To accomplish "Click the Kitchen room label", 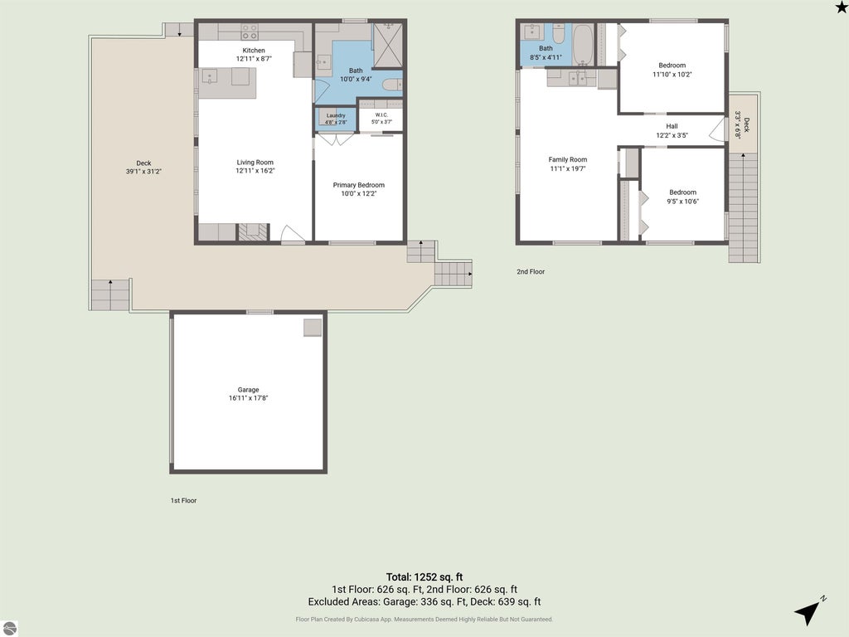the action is coord(254,51).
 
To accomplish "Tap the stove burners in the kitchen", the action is coord(250,32).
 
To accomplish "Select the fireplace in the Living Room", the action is coord(254,232).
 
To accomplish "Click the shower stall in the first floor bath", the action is coord(388,45).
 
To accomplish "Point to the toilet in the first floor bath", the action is coord(392,85).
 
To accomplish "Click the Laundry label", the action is coord(336,115).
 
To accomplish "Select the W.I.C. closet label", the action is coord(381,114).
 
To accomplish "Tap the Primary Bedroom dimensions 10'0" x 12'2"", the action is coord(358,193).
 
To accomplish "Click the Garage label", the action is coord(248,390).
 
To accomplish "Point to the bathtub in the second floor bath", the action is coord(583,45).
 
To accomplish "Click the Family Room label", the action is coord(567,159).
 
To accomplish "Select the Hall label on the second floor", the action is coord(672,126).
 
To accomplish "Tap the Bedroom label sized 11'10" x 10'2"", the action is coord(672,65).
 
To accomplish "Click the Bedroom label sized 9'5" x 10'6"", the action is coord(683,192).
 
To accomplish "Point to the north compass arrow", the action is coord(808,613).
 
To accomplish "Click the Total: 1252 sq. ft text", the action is coord(424,577).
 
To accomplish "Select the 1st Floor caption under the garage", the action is coord(183,500).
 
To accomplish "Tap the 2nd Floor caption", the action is coord(531,271).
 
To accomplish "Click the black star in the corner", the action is coord(842,7).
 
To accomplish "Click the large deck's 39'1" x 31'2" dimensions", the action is coord(143,172).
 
